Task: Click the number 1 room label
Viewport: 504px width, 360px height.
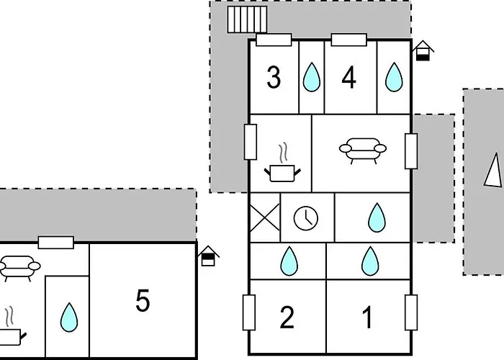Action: pyautogui.click(x=367, y=317)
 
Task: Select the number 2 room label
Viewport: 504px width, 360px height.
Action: pyautogui.click(x=287, y=317)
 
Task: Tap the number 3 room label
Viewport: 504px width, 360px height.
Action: pyautogui.click(x=274, y=78)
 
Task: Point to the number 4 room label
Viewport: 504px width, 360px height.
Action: pyautogui.click(x=349, y=78)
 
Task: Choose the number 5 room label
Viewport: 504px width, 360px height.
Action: pyautogui.click(x=143, y=301)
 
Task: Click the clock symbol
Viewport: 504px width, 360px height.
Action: pyautogui.click(x=306, y=217)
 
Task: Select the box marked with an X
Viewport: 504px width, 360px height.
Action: pyautogui.click(x=264, y=217)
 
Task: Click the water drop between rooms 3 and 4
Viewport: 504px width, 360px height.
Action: pyautogui.click(x=311, y=77)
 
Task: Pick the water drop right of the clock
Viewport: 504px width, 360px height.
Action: pyautogui.click(x=376, y=217)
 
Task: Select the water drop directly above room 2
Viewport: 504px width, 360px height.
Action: pyautogui.click(x=289, y=260)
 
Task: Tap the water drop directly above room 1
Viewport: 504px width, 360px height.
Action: pyautogui.click(x=369, y=260)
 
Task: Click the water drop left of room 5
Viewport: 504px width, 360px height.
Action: pyautogui.click(x=68, y=316)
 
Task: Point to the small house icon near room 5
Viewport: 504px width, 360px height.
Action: pyautogui.click(x=208, y=256)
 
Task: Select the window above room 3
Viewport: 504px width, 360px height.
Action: pyautogui.click(x=274, y=40)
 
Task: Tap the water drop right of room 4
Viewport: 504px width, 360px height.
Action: pyautogui.click(x=393, y=77)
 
